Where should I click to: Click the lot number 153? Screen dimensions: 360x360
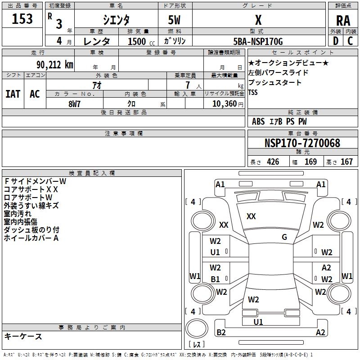pos(22,19)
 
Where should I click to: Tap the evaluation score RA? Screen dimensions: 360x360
pos(343,20)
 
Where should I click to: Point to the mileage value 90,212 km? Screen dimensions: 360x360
pos(51,64)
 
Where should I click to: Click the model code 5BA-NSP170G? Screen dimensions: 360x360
pos(258,42)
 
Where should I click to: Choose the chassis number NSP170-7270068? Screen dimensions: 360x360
pos(302,143)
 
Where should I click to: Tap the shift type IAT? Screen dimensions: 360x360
pos(13,94)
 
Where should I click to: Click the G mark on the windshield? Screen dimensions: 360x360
pos(284,237)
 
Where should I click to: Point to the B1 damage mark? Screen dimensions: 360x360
pos(216,279)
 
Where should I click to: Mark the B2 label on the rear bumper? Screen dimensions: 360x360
pos(221,333)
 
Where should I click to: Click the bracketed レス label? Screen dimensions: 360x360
pos(196,345)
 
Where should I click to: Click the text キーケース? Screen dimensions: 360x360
pos(23,336)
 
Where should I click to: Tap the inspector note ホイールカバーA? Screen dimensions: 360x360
pos(31,238)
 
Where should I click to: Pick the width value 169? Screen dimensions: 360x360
pos(310,162)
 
